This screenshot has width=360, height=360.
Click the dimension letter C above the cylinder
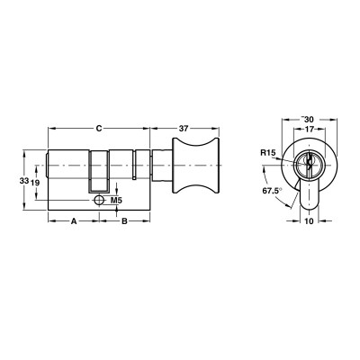98,128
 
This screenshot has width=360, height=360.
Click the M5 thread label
116,199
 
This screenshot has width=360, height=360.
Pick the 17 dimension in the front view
308,130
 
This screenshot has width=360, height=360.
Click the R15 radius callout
267,155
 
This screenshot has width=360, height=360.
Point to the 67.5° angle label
270,192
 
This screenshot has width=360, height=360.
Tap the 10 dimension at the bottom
309,219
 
